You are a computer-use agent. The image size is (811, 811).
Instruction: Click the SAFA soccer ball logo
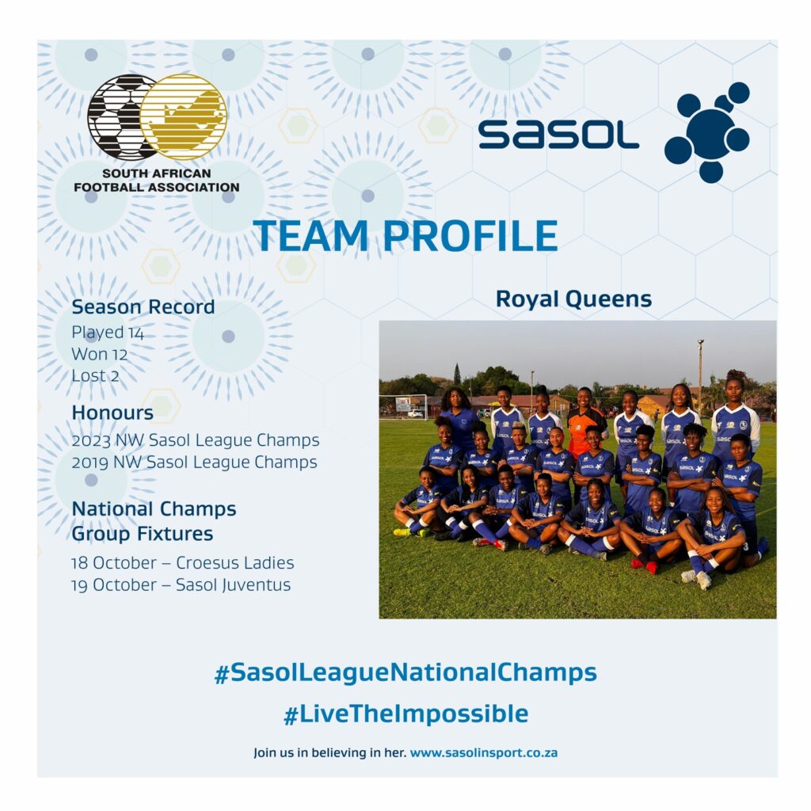point(122,117)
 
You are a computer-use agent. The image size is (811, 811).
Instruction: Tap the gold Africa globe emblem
point(184,117)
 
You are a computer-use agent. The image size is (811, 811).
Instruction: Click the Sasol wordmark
point(558,135)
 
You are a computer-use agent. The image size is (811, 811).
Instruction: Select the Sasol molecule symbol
point(707,132)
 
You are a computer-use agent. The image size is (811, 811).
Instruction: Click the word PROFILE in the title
point(470,236)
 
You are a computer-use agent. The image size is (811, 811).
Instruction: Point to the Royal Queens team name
point(573,299)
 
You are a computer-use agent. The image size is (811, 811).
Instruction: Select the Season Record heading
point(143,307)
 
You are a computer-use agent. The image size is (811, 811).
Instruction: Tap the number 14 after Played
point(136,333)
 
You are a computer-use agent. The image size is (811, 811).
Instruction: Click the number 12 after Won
point(120,354)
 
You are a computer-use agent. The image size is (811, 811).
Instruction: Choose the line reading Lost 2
point(95,376)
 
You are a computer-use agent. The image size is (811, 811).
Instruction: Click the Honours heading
point(112,413)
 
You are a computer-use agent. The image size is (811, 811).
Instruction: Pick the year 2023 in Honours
point(91,440)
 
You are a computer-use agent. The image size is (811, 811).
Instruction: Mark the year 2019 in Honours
point(90,463)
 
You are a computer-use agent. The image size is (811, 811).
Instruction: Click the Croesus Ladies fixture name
point(234,563)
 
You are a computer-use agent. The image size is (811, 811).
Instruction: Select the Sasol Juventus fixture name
point(234,585)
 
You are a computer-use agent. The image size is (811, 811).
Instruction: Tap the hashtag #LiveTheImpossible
point(406,714)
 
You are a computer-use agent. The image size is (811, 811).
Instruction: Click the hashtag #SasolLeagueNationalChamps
point(406,673)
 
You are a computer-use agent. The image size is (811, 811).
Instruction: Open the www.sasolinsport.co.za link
point(484,752)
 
